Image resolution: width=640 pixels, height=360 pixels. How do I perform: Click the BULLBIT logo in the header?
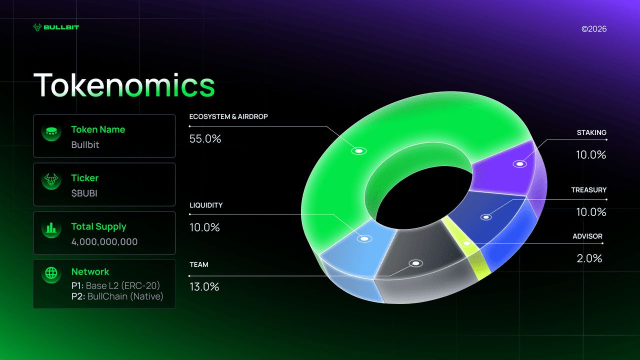[56, 27]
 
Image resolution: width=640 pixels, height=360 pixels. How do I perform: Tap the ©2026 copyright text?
[594, 29]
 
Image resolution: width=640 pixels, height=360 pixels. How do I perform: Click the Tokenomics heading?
[124, 85]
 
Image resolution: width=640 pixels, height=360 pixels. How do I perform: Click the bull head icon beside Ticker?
[51, 179]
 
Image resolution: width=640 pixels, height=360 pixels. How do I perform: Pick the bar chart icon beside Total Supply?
[51, 228]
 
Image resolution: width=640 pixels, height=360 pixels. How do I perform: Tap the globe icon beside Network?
[51, 273]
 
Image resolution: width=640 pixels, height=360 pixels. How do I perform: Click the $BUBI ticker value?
[84, 193]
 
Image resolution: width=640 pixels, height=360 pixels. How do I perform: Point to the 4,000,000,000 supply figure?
[104, 242]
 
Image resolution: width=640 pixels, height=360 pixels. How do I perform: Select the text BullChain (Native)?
[125, 296]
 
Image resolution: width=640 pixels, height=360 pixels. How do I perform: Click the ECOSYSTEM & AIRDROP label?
[228, 116]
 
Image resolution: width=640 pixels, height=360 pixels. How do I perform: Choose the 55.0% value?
[205, 139]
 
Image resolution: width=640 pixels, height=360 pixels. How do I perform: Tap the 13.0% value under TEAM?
[204, 287]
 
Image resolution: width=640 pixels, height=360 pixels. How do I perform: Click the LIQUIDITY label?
[206, 205]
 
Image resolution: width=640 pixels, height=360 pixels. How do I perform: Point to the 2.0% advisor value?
[589, 258]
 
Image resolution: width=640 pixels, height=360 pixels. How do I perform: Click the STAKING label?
[591, 132]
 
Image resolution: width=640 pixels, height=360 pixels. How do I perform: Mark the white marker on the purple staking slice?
[519, 164]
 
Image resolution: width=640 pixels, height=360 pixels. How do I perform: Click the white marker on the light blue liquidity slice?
[364, 238]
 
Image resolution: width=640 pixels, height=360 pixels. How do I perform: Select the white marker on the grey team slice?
[415, 263]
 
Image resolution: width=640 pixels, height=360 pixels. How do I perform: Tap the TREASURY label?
[588, 190]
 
